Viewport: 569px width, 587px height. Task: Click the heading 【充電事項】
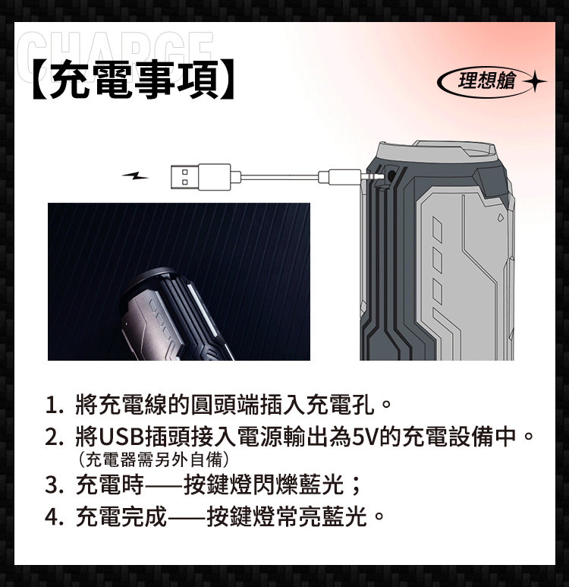point(134,80)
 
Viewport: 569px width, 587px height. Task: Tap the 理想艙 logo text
point(487,80)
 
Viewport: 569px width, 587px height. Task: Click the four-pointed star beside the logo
point(535,80)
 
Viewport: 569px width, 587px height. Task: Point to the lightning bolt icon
point(135,175)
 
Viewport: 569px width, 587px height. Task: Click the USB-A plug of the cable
point(200,177)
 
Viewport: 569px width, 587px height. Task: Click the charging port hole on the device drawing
point(391,175)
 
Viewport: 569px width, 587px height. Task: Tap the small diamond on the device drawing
point(501,217)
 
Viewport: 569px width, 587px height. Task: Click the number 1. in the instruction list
point(54,405)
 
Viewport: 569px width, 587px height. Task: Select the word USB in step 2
point(121,437)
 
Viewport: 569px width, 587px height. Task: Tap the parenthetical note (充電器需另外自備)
point(153,459)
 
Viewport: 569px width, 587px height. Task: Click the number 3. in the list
point(54,485)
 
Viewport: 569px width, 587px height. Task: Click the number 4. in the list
point(54,517)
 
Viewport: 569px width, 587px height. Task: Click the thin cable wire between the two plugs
point(279,176)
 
